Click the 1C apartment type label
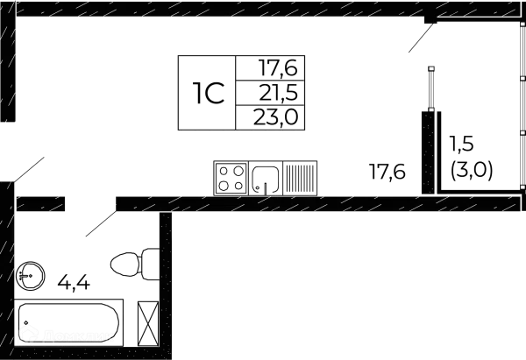coord(207,92)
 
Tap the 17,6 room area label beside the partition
coord(387,173)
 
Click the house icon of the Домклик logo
coord(29,334)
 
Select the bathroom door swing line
coord(99,223)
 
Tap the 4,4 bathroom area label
coord(72,282)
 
